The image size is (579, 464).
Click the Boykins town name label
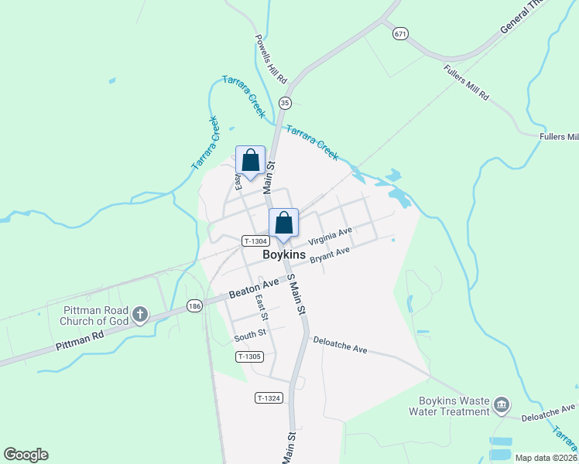(284, 254)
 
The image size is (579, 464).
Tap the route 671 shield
(399, 33)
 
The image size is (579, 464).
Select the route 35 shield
(286, 103)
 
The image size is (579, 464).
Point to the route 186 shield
(194, 305)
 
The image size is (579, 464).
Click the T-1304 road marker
(255, 241)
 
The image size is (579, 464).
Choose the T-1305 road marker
(250, 357)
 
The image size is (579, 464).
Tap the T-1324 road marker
(269, 397)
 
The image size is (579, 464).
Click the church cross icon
(139, 314)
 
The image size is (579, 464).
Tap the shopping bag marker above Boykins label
(284, 223)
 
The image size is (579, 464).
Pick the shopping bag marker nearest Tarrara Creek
(250, 161)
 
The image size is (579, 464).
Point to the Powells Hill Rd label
(271, 60)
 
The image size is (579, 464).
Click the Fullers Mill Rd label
(467, 83)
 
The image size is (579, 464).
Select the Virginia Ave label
(330, 235)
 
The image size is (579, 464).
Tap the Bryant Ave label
(331, 255)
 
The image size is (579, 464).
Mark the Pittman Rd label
(80, 342)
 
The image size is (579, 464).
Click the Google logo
(26, 455)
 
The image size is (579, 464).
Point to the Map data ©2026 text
(546, 458)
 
